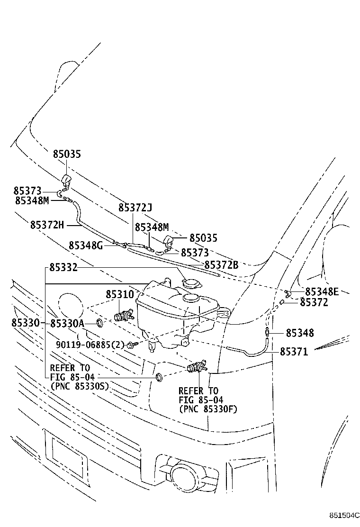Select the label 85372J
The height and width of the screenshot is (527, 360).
point(135,208)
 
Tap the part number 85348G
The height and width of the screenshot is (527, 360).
point(85,245)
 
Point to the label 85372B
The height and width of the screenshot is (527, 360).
point(221,265)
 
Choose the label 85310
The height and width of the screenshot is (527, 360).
point(120,294)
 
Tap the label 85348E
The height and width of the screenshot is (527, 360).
point(323,291)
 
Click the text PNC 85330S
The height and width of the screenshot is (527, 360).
point(80,386)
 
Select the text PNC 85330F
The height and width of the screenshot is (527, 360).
point(208,409)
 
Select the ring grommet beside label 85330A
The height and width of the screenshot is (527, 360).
point(100,323)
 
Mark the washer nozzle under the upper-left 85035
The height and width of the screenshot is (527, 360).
point(66,181)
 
